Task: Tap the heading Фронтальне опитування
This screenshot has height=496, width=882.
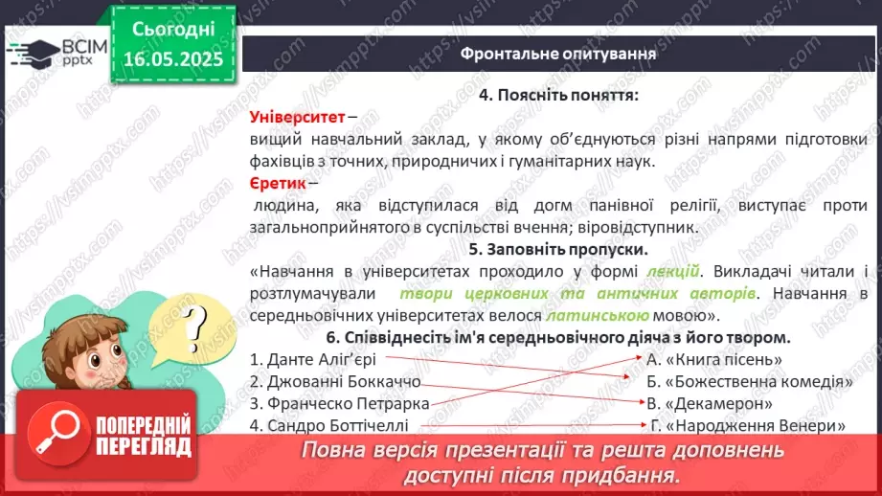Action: [x=558, y=53]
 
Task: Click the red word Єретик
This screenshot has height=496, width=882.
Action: [x=278, y=183]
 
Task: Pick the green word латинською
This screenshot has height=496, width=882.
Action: [x=598, y=314]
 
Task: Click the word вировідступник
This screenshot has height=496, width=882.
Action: [x=644, y=228]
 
